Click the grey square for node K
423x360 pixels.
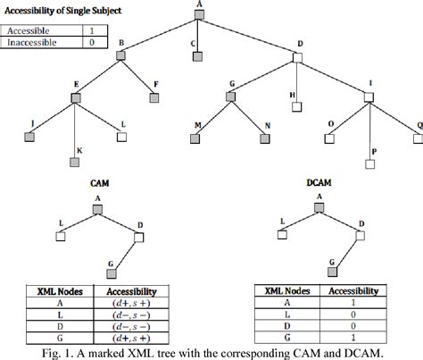click(74, 163)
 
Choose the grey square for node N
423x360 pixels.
click(265, 138)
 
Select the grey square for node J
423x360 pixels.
click(32, 138)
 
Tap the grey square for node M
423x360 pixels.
click(194, 138)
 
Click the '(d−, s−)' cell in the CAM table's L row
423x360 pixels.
click(131, 314)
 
